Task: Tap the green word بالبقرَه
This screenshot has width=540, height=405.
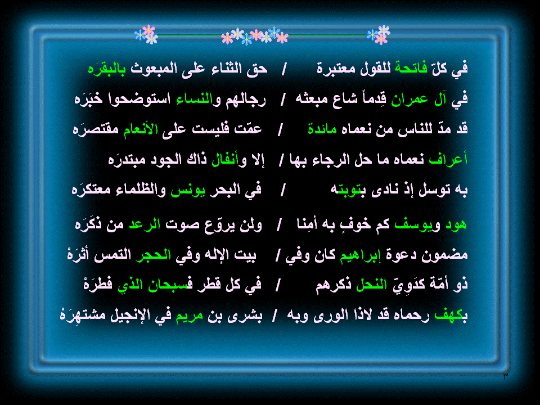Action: [107, 69]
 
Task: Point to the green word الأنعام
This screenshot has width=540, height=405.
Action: [141, 129]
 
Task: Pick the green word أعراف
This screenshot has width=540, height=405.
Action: [448, 159]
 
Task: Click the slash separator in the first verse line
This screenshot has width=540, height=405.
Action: [283, 69]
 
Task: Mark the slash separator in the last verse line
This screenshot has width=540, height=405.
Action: [274, 316]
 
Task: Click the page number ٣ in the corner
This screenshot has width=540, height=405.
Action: [505, 376]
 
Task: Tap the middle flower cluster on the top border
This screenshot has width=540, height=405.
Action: [254, 36]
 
